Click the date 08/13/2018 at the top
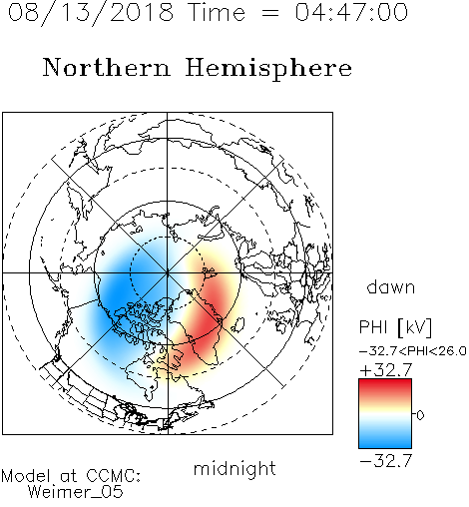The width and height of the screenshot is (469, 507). point(91,12)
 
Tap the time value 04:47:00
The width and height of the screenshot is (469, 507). point(351,12)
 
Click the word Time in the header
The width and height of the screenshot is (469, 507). point(217,12)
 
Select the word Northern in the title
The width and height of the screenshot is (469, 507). point(107,68)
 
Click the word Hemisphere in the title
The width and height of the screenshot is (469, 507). point(268,69)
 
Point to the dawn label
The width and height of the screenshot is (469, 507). point(391,286)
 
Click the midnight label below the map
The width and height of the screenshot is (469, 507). point(234,469)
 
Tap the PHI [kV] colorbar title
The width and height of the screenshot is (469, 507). point(395,327)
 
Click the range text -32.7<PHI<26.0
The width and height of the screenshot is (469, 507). point(413,351)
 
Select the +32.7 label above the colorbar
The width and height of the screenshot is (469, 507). point(386,370)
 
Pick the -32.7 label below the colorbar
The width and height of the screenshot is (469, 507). point(386,461)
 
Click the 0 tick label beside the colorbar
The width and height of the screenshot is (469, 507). point(420,415)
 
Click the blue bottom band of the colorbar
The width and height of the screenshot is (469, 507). point(385,441)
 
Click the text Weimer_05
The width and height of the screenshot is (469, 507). point(76,492)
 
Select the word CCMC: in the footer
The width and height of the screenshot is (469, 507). point(114,476)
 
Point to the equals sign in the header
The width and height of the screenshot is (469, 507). point(270,13)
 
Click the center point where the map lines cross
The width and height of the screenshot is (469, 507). point(168,272)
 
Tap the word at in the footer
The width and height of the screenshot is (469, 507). point(69,477)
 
